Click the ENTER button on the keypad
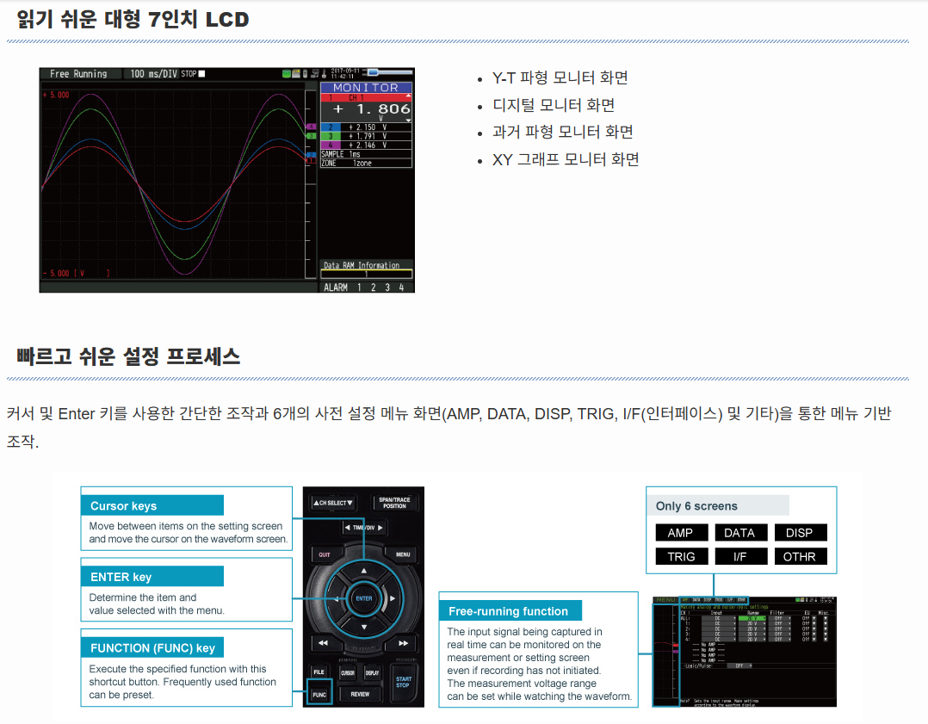(363, 598)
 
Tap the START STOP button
(403, 682)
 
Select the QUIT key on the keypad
(325, 554)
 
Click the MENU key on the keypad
(403, 554)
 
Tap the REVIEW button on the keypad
(360, 694)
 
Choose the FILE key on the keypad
(319, 671)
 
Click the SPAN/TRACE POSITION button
(394, 503)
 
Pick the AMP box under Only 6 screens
(680, 533)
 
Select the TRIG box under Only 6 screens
(680, 557)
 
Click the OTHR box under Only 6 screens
(799, 557)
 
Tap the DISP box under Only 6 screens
(799, 533)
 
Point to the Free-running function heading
(510, 611)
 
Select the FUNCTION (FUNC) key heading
(152, 647)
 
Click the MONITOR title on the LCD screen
(366, 88)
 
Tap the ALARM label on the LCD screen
(336, 288)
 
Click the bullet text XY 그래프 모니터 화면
(566, 159)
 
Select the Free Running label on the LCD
(78, 74)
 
